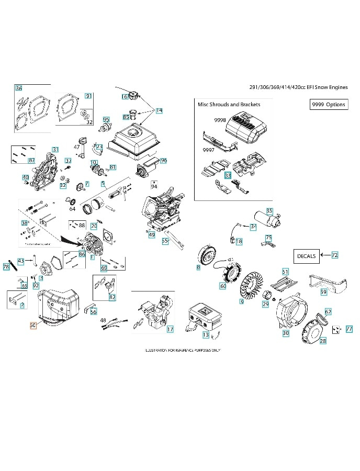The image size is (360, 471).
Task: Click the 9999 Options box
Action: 328,104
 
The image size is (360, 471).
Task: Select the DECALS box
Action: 306,256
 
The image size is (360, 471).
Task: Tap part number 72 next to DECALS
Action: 334,255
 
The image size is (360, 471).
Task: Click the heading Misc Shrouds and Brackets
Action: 229,104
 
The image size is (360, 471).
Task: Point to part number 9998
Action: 220,120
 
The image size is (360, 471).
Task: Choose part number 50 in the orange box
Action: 33,325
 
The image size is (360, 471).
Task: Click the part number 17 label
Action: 170,329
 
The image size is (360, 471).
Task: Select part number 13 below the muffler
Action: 206,334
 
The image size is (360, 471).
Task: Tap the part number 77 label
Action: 349,329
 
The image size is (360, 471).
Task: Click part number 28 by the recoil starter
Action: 322,340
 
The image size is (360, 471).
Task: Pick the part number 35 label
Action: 269,211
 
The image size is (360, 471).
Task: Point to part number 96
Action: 163,160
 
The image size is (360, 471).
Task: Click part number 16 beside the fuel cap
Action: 125,96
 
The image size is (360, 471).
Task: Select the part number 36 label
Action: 19,88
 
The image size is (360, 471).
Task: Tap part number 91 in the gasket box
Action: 88,96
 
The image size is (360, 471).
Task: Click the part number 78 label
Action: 6,267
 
